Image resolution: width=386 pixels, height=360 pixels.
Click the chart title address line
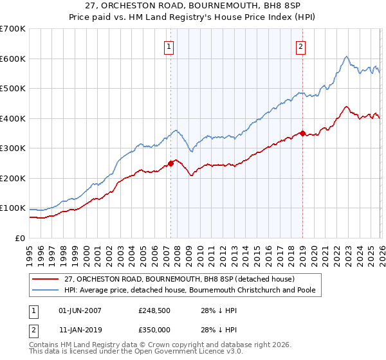[193, 6]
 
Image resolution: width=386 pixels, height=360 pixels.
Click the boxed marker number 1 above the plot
[169, 46]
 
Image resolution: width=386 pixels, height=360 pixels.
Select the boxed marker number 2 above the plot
[300, 46]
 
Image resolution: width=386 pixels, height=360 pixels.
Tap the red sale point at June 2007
[171, 163]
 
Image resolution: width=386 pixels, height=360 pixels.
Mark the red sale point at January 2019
[303, 133]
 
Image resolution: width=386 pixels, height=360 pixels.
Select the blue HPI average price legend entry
[193, 291]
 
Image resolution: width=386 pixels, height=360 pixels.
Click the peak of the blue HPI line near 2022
[346, 57]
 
